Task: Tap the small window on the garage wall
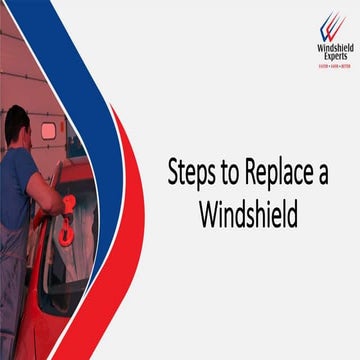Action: click(x=48, y=131)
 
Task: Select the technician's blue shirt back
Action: click(x=14, y=190)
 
